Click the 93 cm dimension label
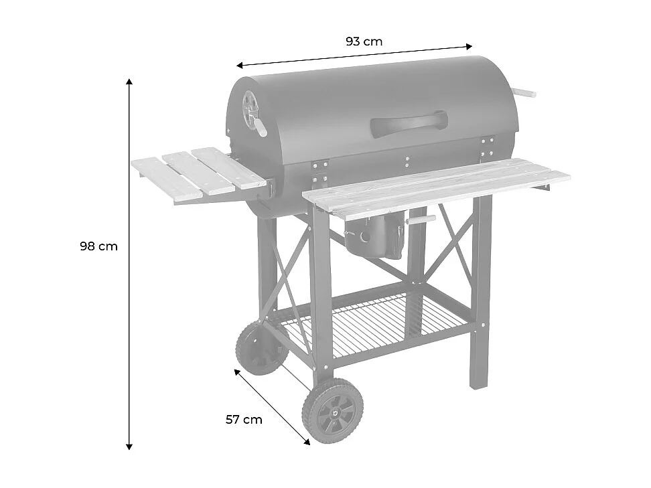pyautogui.click(x=364, y=42)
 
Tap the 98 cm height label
pyautogui.click(x=98, y=246)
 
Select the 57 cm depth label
pyautogui.click(x=244, y=420)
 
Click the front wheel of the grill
pyautogui.click(x=333, y=410)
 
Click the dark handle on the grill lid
pyautogui.click(x=409, y=123)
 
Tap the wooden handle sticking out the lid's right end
pyautogui.click(x=525, y=93)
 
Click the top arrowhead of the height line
pyautogui.click(x=129, y=81)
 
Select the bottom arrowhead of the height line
pyautogui.click(x=129, y=446)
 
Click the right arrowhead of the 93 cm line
pyautogui.click(x=469, y=46)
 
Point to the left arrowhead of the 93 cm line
pyautogui.click(x=239, y=66)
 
